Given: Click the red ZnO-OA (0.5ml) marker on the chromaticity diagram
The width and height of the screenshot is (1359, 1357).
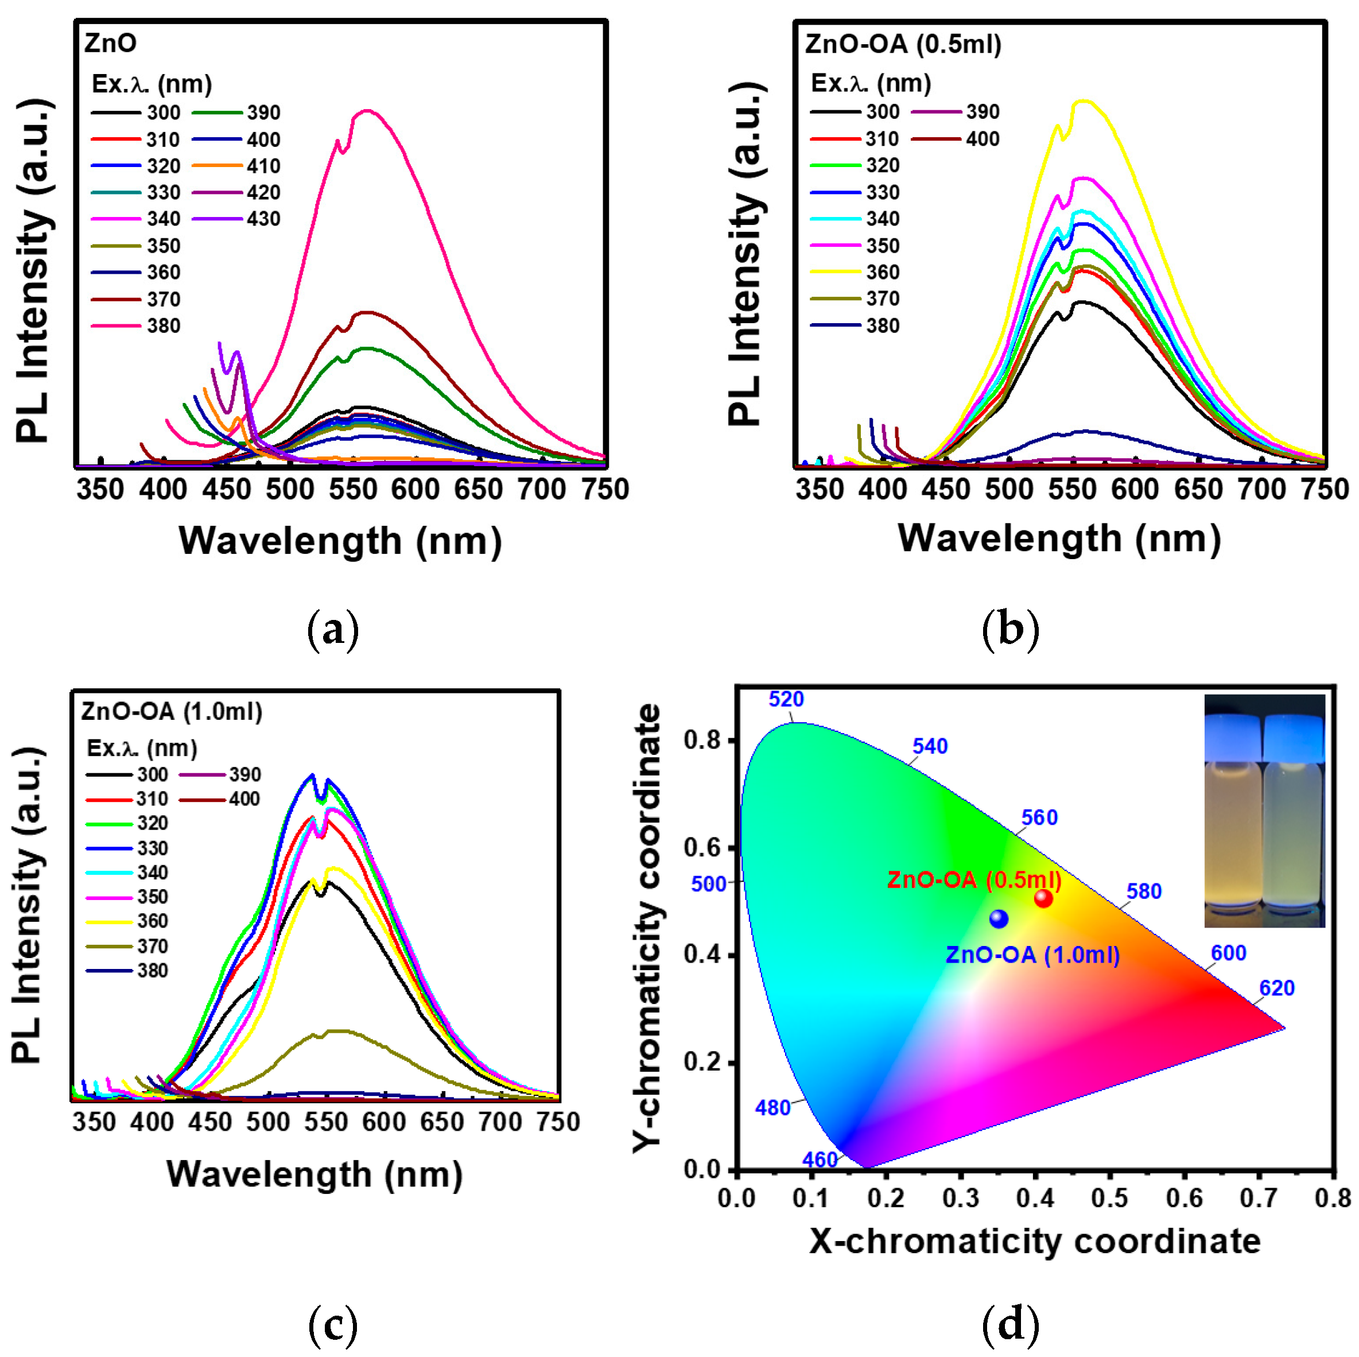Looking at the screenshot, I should coord(1043,898).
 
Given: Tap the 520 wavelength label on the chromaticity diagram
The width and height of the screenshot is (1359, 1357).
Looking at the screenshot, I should coord(786,699).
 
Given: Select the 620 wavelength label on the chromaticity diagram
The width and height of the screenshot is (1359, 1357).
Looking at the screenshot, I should coord(1277,988).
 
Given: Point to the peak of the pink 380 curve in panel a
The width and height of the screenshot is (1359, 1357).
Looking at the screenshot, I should coord(367,111).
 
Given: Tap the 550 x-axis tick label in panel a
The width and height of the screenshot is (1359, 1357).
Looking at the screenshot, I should coord(353,490).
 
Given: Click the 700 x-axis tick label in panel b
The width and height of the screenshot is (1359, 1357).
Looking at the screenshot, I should coord(1262,490).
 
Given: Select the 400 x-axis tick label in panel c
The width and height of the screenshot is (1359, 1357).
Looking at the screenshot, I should coord(152,1121).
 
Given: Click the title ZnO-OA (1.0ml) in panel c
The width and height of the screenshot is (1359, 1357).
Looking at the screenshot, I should coord(172,711).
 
